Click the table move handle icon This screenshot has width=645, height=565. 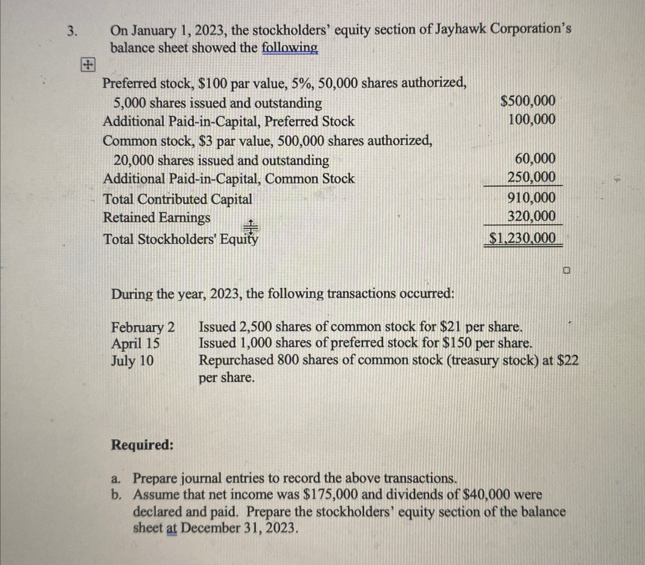tap(87, 65)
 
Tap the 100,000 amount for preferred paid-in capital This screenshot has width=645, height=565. tap(532, 120)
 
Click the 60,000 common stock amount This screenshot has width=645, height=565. tap(535, 159)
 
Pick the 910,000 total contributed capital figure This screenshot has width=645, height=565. tap(532, 198)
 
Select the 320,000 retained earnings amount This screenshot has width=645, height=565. tap(532, 217)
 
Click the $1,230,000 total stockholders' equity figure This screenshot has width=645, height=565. tap(522, 238)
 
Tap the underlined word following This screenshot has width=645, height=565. tap(290, 48)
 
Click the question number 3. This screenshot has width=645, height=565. tap(72, 31)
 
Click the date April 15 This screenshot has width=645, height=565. tap(135, 343)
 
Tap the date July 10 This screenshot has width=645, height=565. tap(133, 360)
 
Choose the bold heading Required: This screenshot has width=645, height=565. tap(142, 445)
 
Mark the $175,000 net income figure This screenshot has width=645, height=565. tap(330, 495)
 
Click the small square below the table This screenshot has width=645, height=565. tap(566, 270)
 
